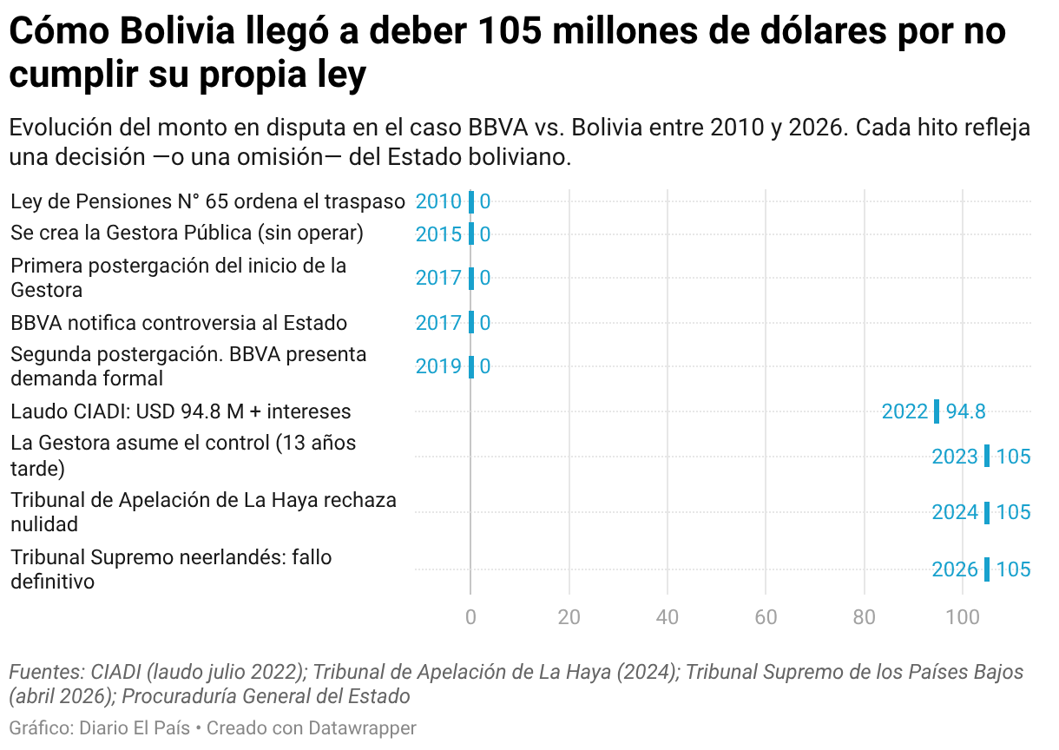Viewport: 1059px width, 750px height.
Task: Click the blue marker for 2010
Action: tap(470, 202)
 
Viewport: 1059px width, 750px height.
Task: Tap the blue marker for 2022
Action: tap(937, 411)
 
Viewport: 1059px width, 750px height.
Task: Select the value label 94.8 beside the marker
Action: tap(966, 411)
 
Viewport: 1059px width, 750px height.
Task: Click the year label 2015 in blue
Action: tap(438, 234)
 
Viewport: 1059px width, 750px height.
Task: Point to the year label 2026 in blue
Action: tap(955, 569)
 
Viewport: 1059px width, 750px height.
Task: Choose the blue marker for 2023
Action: tap(987, 457)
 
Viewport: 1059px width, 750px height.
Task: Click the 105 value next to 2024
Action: tap(1013, 512)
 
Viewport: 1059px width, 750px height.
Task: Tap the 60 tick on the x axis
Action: tap(766, 617)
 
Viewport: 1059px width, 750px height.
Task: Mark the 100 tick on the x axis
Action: tap(963, 617)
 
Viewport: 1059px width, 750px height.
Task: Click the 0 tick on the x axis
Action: tap(470, 617)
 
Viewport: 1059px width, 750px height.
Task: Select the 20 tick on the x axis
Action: tap(569, 617)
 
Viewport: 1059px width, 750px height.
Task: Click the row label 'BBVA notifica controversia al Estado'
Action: tap(179, 323)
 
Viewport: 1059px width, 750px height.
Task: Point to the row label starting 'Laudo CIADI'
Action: tap(181, 411)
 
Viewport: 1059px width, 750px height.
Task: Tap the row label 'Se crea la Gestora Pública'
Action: tap(187, 234)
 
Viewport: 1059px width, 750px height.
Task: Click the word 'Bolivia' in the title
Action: tap(177, 31)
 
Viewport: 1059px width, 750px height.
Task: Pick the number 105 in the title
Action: tap(510, 31)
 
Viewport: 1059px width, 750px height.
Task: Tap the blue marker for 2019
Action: tap(470, 367)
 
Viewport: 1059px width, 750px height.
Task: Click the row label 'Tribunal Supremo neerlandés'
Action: tap(171, 569)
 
